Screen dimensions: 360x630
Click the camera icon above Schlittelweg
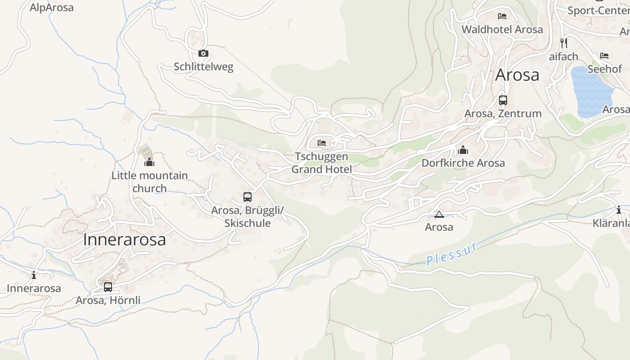tap(203, 54)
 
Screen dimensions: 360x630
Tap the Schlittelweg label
tap(203, 67)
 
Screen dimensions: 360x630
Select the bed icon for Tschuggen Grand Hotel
tap(322, 143)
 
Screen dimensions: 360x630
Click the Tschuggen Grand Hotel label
tap(321, 163)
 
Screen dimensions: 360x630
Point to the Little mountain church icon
tap(149, 162)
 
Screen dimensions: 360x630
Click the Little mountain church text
tap(149, 182)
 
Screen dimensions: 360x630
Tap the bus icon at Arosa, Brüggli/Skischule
tap(247, 197)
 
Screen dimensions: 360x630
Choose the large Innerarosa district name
tap(124, 240)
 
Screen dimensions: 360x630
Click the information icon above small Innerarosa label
tap(34, 275)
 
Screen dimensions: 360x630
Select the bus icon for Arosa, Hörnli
tap(108, 287)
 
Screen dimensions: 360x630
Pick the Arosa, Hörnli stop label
tap(108, 300)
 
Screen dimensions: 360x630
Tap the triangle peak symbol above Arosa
tap(439, 214)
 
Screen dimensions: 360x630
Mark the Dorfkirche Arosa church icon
tap(463, 150)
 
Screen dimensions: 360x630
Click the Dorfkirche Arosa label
tap(463, 163)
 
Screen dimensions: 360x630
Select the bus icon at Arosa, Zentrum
tap(503, 100)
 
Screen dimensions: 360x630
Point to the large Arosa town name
tap(517, 75)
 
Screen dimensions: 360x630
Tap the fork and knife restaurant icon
tap(563, 43)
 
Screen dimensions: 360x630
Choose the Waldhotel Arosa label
tap(502, 30)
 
